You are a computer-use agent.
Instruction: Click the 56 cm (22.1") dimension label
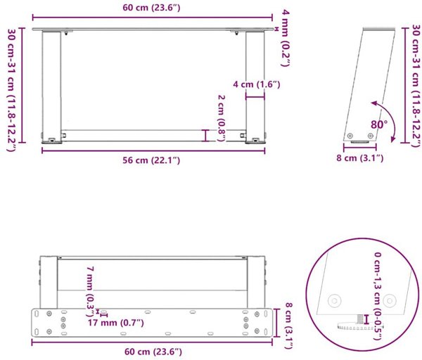pyautogui.click(x=151, y=160)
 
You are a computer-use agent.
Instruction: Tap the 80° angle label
pyautogui.click(x=379, y=124)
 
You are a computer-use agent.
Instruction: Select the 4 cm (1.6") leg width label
pyautogui.click(x=257, y=84)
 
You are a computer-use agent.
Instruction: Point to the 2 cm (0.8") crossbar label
pyautogui.click(x=222, y=118)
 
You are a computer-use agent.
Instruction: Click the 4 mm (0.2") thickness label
pyautogui.click(x=286, y=38)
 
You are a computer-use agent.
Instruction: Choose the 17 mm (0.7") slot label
pyautogui.click(x=116, y=323)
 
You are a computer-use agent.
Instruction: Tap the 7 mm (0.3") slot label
pyautogui.click(x=90, y=290)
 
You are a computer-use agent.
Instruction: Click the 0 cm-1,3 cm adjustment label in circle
pyautogui.click(x=378, y=296)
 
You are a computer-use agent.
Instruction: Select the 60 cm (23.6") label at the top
pyautogui.click(x=151, y=8)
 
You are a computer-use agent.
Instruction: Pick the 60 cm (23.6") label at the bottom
pyautogui.click(x=153, y=352)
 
